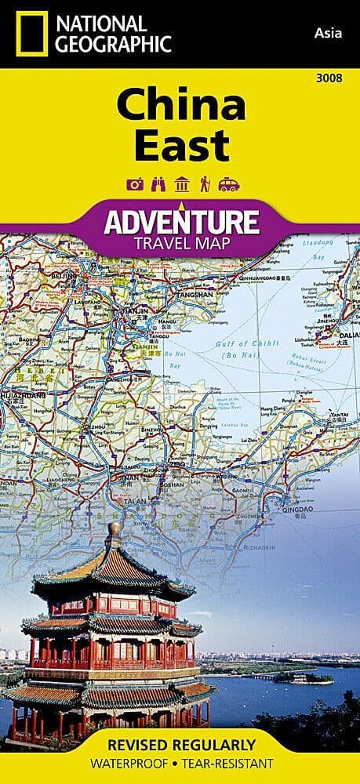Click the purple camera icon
click(134, 185)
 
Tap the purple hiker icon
click(204, 185)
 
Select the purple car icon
click(228, 185)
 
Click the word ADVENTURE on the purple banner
click(181, 221)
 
